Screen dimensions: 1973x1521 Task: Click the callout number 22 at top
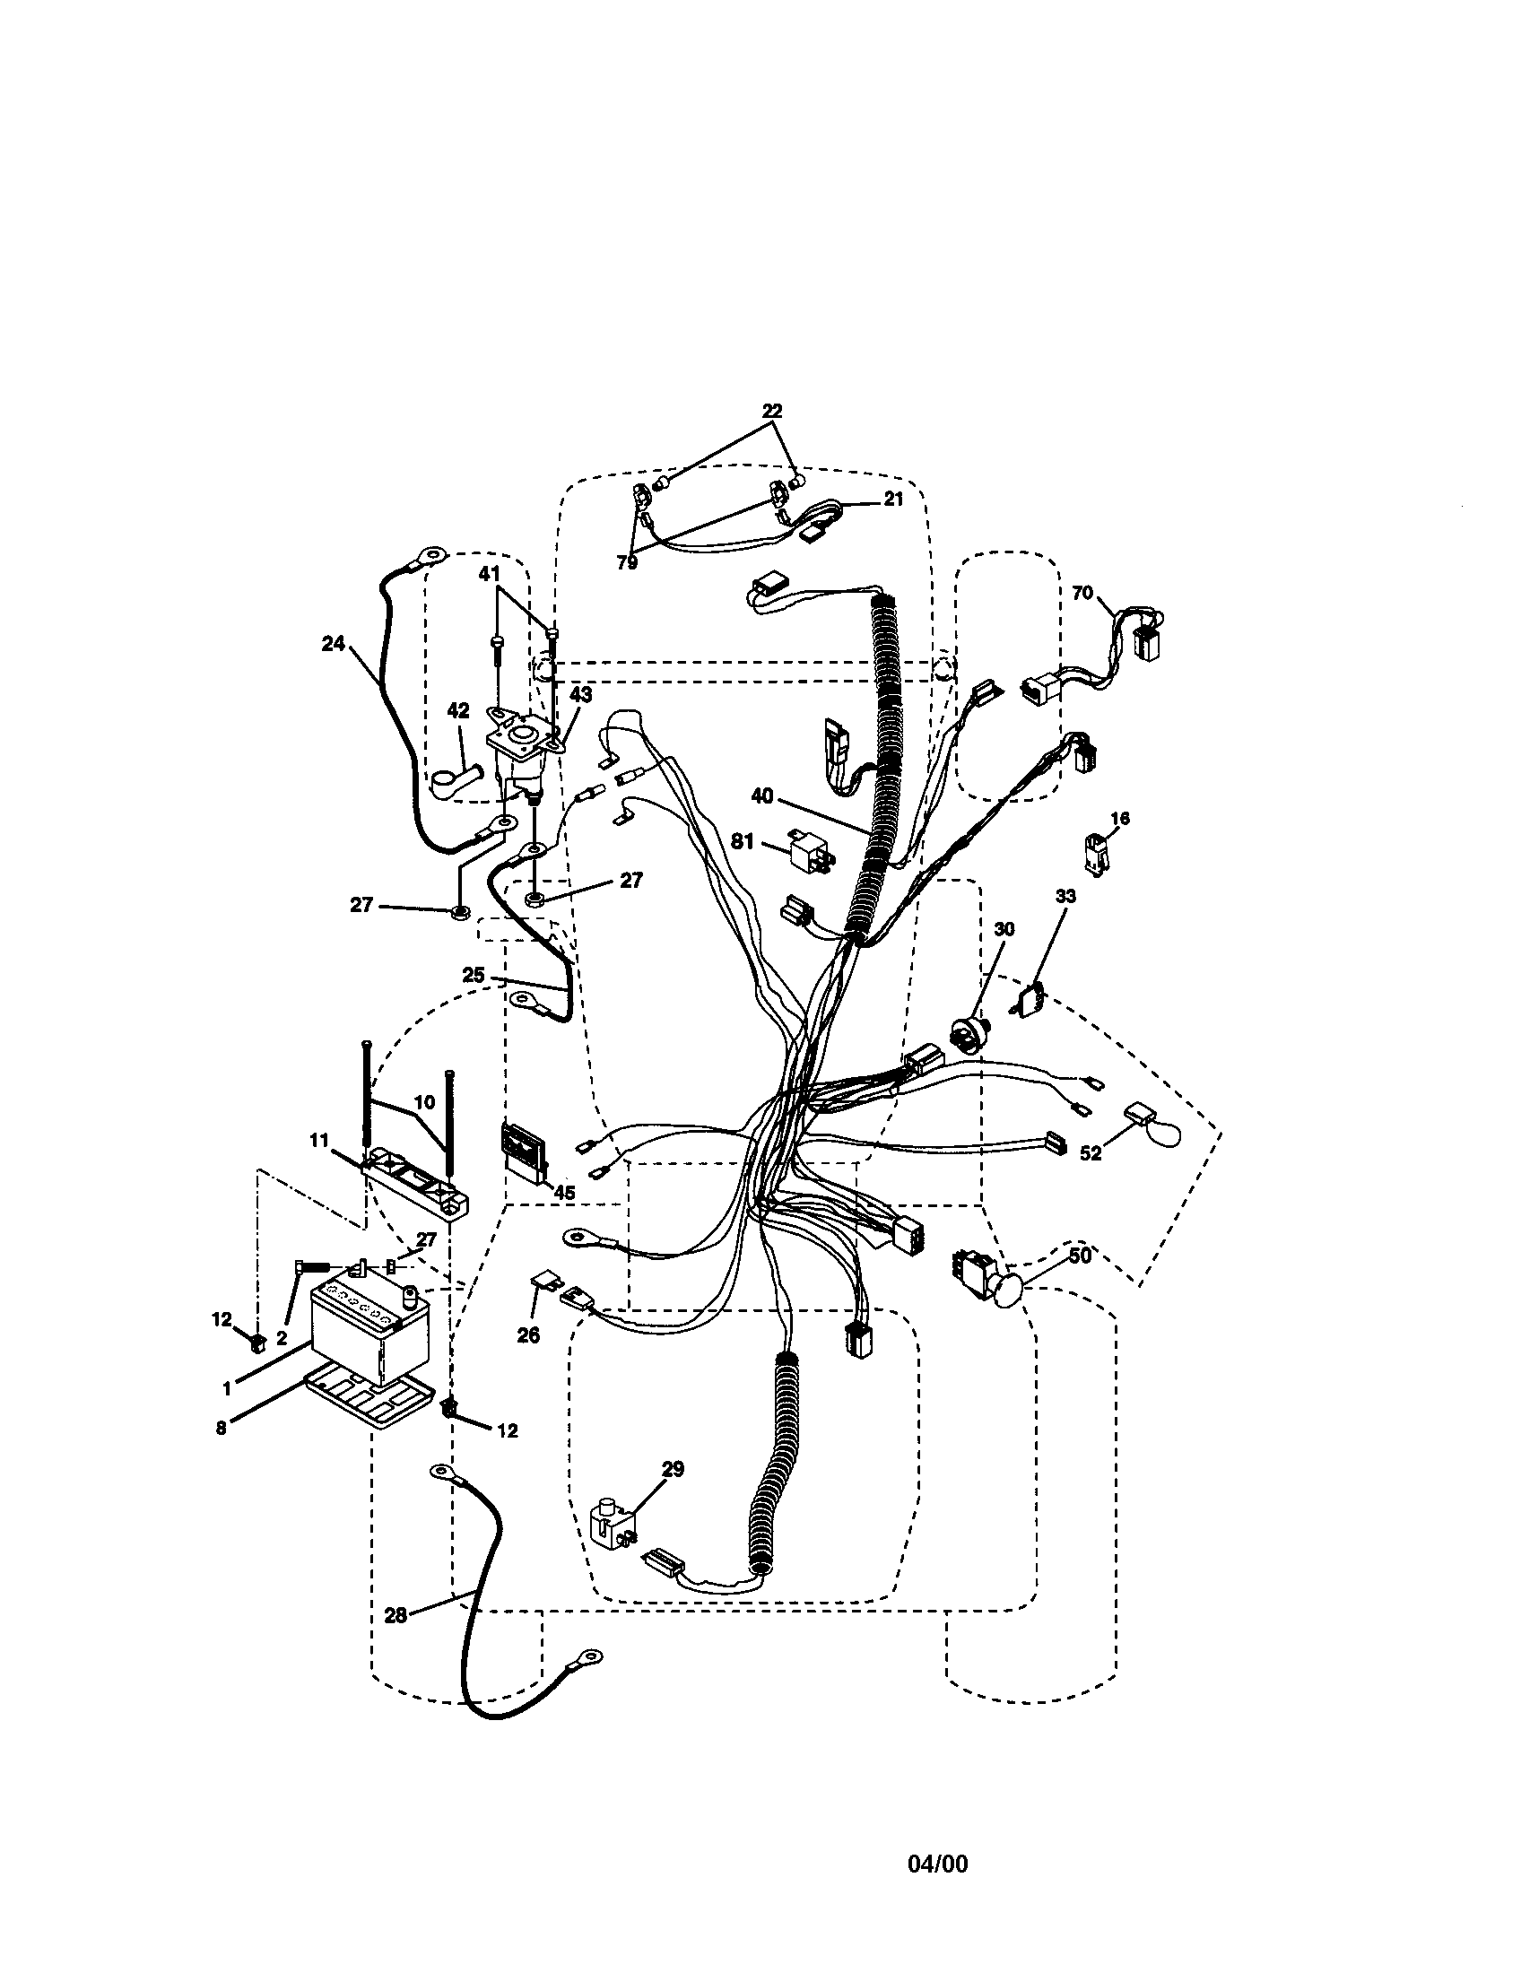(771, 411)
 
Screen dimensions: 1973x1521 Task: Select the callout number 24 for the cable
(333, 643)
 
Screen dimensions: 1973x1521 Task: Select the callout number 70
(1082, 594)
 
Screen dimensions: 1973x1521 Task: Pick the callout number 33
(1065, 896)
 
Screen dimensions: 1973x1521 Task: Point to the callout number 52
(1091, 1153)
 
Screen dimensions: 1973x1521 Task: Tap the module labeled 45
(526, 1149)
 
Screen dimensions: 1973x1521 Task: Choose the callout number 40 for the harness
(762, 795)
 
